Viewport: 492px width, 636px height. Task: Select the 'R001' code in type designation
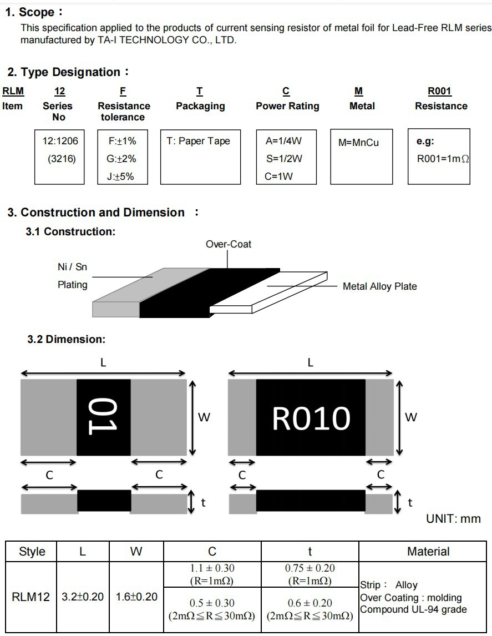click(x=439, y=92)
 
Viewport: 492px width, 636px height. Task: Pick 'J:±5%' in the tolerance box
click(x=120, y=176)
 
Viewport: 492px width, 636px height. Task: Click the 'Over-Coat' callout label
click(x=228, y=244)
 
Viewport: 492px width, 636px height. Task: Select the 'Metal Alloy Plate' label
click(x=379, y=286)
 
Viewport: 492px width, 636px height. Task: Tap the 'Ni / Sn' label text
click(x=72, y=267)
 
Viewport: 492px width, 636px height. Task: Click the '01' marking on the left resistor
click(x=103, y=417)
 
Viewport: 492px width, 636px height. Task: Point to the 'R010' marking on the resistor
click(x=311, y=418)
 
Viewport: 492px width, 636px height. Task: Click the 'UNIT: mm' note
click(x=453, y=519)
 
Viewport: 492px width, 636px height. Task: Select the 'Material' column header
click(x=428, y=552)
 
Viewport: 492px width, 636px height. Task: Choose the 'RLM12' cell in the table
click(x=31, y=597)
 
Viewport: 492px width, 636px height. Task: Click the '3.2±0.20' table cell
click(x=83, y=597)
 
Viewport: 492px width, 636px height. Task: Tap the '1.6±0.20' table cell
click(x=136, y=597)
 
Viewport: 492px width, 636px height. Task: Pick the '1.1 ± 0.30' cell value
click(x=212, y=568)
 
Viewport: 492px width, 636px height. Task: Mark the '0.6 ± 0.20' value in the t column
click(x=310, y=603)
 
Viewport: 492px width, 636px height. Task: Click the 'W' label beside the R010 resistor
click(x=410, y=417)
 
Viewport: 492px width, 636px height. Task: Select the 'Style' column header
click(x=32, y=552)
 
